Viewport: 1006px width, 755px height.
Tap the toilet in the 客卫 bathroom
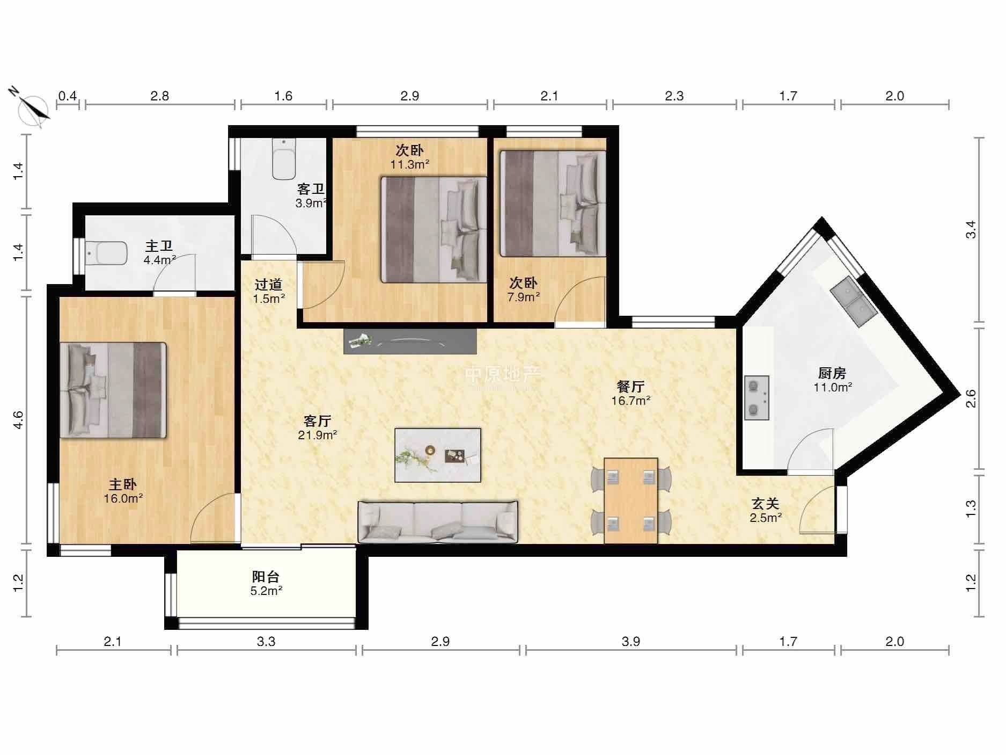click(283, 159)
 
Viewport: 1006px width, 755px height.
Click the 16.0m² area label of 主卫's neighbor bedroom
click(123, 498)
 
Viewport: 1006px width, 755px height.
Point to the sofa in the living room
click(438, 522)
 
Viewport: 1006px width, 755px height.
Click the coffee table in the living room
click(438, 455)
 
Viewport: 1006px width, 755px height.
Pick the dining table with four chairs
click(631, 500)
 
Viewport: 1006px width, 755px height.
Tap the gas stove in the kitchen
click(757, 397)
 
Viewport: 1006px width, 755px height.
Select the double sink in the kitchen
click(854, 302)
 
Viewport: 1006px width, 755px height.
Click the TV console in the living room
click(410, 341)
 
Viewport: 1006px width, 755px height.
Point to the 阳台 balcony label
click(266, 577)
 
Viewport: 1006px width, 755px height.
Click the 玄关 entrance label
click(765, 504)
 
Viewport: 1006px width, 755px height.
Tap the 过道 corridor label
click(268, 285)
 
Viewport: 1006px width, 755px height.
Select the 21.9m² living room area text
click(318, 435)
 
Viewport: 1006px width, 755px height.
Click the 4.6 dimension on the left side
click(18, 419)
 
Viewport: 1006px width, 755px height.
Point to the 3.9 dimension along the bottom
click(631, 641)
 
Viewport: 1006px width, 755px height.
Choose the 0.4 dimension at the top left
click(68, 96)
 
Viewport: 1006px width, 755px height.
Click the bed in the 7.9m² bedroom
click(553, 204)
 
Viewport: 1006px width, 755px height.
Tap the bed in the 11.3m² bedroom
click(434, 230)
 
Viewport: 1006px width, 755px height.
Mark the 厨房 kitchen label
click(832, 373)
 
